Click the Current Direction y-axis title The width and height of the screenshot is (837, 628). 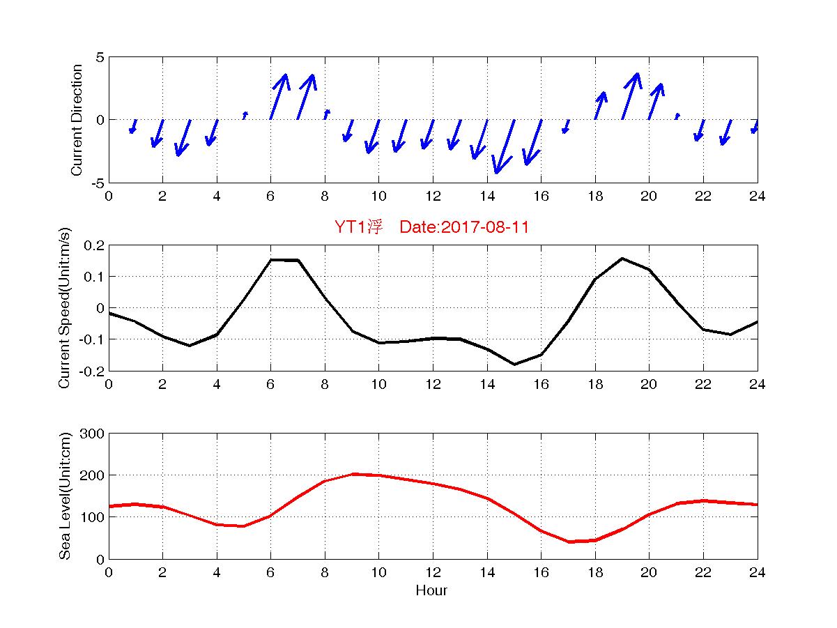tap(77, 120)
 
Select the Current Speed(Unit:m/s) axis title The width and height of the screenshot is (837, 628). tap(65, 307)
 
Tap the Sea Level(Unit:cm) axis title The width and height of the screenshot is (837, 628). tap(65, 496)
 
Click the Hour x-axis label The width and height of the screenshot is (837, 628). tap(432, 591)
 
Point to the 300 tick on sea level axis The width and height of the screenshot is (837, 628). tap(93, 434)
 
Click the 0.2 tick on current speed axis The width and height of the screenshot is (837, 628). tap(94, 245)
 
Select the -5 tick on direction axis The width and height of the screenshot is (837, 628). tap(95, 183)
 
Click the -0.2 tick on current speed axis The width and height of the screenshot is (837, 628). tap(92, 371)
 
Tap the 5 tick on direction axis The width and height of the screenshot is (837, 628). tap(99, 57)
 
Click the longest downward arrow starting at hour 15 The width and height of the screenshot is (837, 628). tap(505, 146)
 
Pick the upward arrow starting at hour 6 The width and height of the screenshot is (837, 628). tap(278, 96)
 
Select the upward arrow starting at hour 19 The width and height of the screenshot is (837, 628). tap(630, 95)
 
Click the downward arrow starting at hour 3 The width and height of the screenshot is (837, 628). tap(183, 137)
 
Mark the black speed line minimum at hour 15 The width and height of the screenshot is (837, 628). tap(514, 364)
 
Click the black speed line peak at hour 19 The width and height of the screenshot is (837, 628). tap(622, 259)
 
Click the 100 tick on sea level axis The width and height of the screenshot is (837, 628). tap(93, 517)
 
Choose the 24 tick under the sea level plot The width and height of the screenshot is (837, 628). tap(757, 572)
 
